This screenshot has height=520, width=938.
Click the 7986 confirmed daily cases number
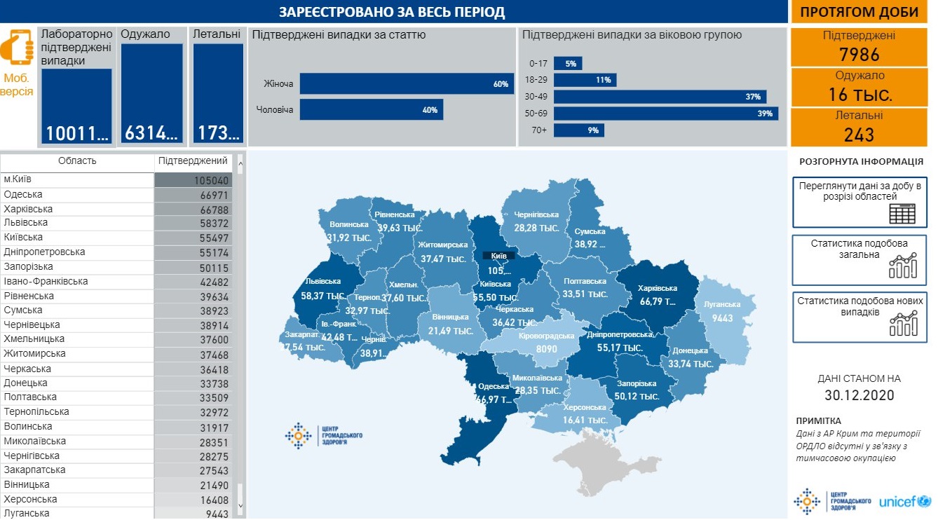[x=859, y=55]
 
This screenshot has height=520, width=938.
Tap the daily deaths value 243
[x=859, y=134]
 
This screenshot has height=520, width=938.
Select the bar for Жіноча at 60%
[x=407, y=84]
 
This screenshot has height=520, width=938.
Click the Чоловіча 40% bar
[x=372, y=109]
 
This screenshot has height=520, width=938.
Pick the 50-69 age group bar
[x=666, y=114]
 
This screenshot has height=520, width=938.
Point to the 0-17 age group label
[x=538, y=64]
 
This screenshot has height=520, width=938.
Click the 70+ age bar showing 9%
[x=579, y=130]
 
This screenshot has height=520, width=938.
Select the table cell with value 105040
[x=193, y=180]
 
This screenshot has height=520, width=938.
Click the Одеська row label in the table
[x=23, y=194]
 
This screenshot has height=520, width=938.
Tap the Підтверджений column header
[x=193, y=161]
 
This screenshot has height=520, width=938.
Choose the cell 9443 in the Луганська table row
[x=193, y=514]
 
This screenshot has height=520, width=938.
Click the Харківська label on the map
[x=658, y=288]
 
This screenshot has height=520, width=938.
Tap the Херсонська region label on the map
[x=584, y=408]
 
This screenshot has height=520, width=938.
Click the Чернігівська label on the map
[x=536, y=214]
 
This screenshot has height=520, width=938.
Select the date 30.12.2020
[x=859, y=395]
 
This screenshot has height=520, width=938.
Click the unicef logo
[x=904, y=502]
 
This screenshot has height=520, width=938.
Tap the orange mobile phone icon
[x=17, y=48]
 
